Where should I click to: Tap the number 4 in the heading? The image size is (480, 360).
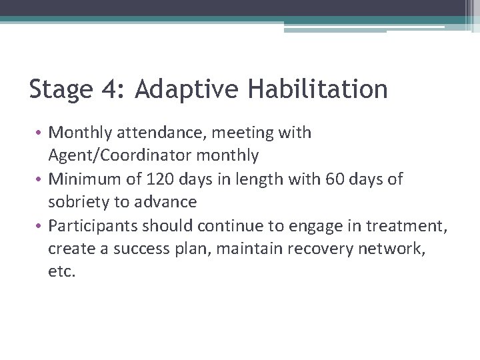109,89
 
